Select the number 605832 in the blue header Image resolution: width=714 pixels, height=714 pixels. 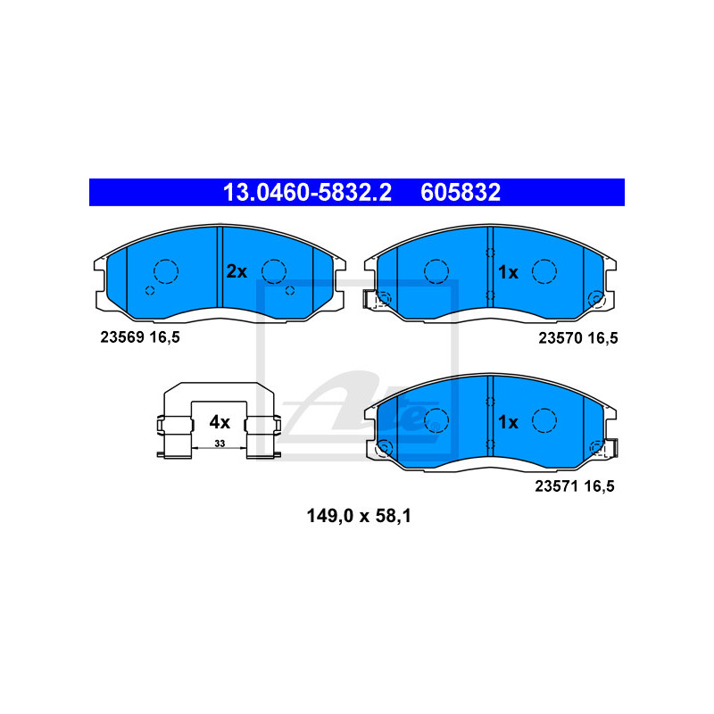461,192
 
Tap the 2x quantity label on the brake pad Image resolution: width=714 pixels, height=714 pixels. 236,271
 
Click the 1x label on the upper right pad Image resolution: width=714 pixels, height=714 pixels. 508,271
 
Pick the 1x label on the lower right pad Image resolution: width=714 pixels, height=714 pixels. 508,422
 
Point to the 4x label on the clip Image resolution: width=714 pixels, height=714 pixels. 220,421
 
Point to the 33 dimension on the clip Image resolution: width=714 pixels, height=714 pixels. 219,444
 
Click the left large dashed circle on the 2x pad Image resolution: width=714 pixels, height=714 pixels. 166,270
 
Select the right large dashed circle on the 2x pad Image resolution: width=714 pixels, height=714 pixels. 274,270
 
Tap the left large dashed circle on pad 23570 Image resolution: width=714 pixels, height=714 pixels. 436,270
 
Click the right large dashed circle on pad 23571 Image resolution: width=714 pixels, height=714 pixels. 544,419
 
